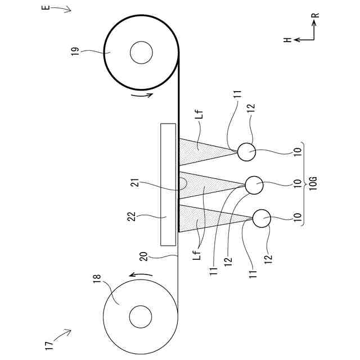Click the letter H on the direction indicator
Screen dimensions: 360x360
point(287,39)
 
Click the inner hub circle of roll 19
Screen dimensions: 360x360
point(141,53)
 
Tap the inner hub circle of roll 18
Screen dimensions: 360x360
point(140,317)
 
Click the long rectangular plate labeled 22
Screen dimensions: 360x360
point(168,184)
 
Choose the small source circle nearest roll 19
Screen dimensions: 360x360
point(246,151)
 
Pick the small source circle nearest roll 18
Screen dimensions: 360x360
point(262,218)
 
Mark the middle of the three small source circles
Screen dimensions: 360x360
point(254,183)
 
